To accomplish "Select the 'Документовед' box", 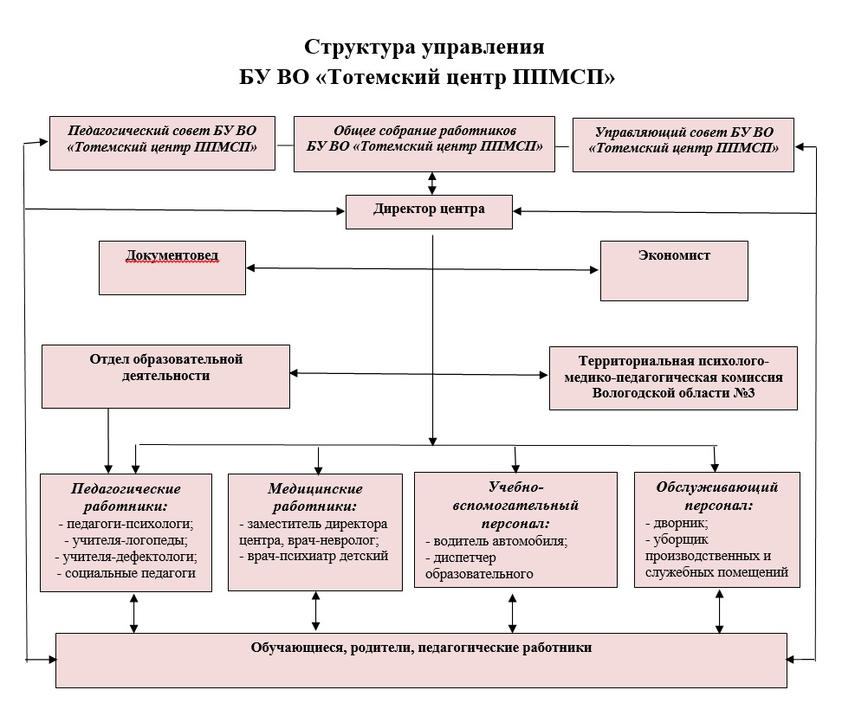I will point(172,268).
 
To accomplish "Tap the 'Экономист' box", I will point(673,270).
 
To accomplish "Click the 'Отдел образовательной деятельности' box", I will point(165,376).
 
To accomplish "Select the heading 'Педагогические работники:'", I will point(126,497).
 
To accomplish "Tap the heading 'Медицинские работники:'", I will point(314,498).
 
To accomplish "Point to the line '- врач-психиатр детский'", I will point(314,556).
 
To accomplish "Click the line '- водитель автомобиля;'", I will point(496,541).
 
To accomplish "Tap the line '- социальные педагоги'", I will point(126,573).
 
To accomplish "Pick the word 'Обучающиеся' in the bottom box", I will point(288,647).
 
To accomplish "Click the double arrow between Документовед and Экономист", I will point(422,268).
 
